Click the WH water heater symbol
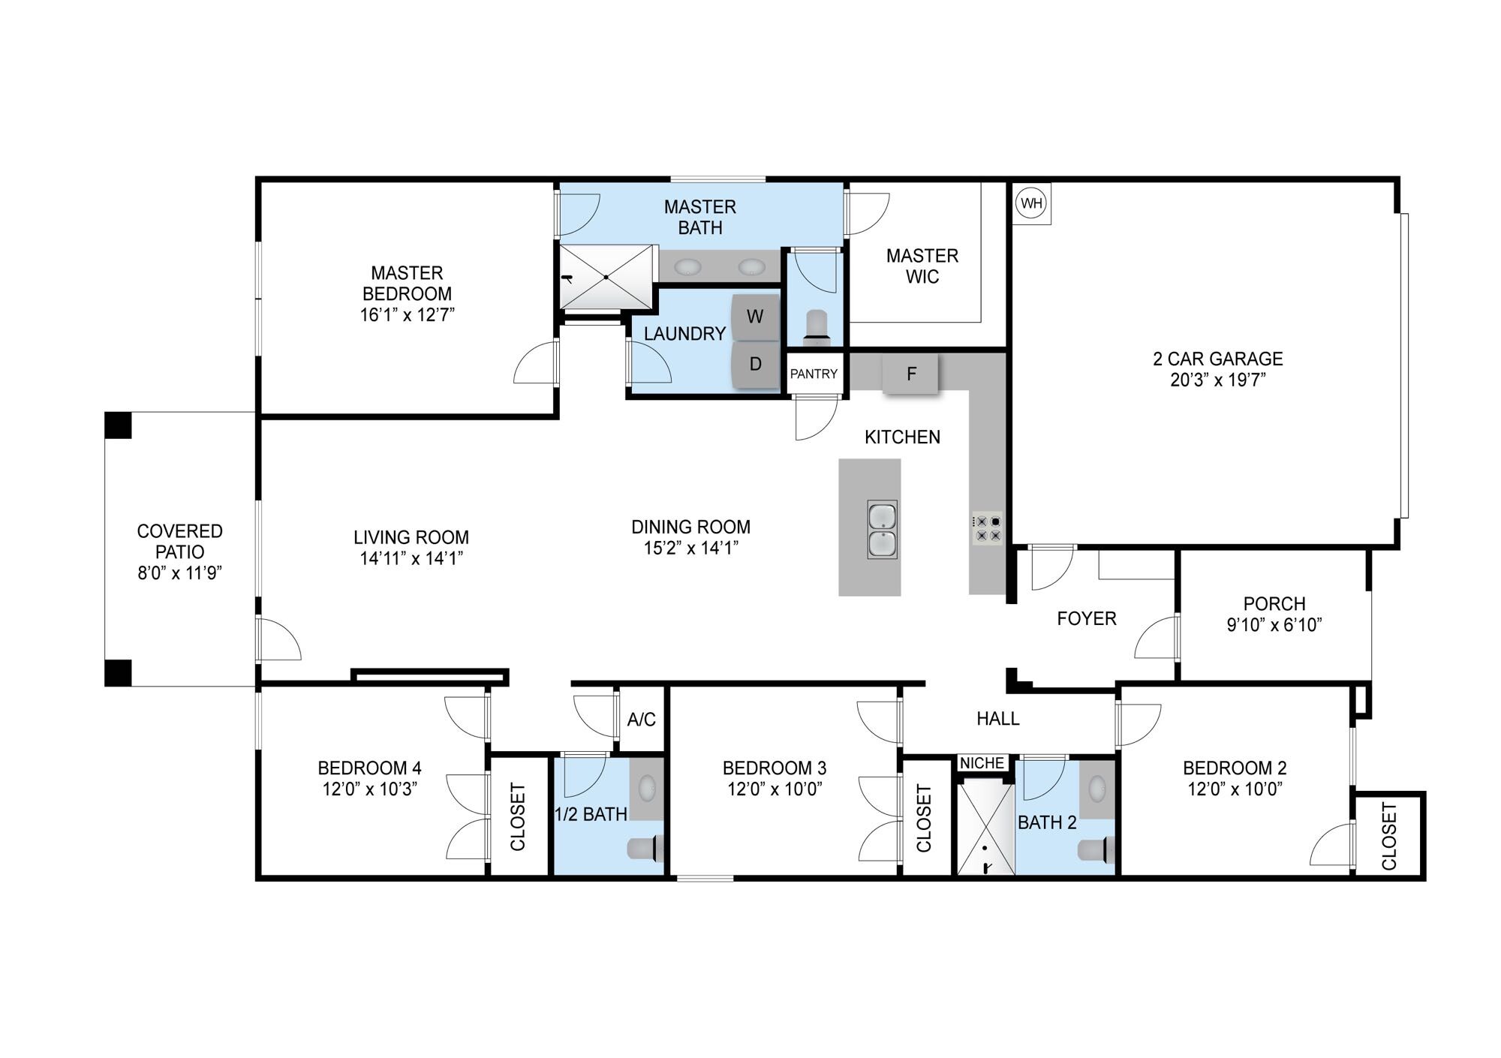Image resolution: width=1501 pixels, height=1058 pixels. [1031, 203]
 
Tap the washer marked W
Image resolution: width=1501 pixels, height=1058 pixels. [755, 317]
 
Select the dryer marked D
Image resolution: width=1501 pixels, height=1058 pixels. [755, 365]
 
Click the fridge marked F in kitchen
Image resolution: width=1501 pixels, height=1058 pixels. [910, 374]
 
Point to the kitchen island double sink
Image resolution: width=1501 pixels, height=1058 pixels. [882, 530]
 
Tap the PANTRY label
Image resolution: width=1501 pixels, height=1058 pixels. [814, 374]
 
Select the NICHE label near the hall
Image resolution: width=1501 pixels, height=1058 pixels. [982, 763]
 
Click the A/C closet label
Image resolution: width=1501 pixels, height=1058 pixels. [641, 720]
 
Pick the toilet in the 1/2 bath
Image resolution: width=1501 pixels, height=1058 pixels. [643, 848]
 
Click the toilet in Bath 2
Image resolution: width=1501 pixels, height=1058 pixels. [1096, 850]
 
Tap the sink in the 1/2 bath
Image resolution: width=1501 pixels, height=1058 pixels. [647, 788]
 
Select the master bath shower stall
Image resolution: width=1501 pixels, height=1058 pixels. [607, 277]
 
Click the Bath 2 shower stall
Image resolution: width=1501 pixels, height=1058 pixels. [986, 829]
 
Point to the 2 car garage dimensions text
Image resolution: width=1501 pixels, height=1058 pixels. [1217, 380]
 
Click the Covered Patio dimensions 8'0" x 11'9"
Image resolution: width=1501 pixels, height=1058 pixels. [180, 573]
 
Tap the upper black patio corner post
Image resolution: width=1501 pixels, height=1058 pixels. [118, 425]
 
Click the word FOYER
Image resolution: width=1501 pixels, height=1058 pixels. [1087, 619]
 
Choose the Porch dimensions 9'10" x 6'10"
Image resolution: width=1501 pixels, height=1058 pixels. [1274, 625]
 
